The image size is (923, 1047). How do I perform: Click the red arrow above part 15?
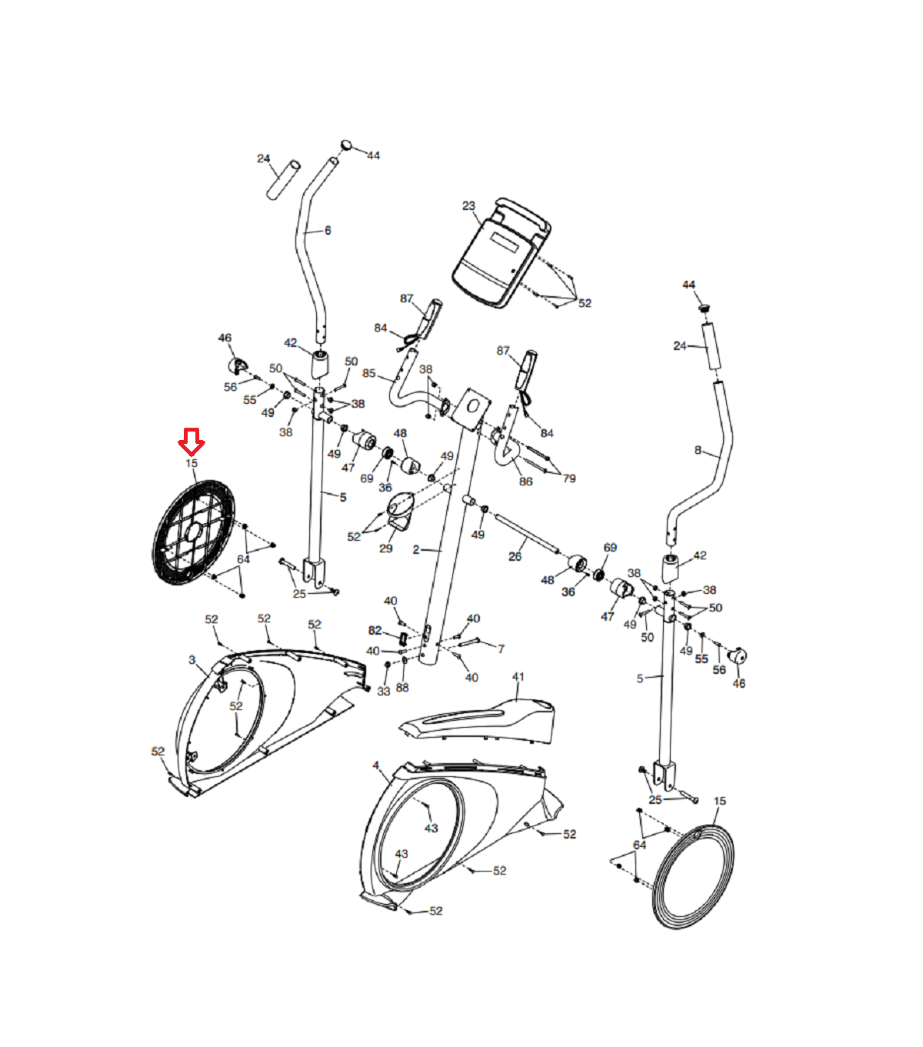pos(191,442)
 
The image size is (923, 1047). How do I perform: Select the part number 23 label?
pos(468,205)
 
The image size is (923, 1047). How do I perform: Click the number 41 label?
pos(518,677)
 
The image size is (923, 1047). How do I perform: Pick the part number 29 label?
pos(385,549)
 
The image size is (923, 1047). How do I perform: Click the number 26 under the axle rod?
pos(515,556)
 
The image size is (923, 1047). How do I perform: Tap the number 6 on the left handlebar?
pos(328,230)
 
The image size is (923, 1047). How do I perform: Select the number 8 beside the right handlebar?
pos(698,450)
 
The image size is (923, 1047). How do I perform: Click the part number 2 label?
pos(416,550)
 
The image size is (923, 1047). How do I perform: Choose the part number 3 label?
pos(192,660)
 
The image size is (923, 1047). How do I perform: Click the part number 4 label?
pos(375,765)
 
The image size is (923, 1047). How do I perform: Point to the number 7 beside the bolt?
pos(501,649)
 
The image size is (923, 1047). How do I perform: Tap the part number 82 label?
pos(375,631)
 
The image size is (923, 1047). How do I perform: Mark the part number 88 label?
pos(402,688)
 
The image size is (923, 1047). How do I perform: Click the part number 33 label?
pos(384,692)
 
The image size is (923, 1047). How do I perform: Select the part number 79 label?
pos(568,478)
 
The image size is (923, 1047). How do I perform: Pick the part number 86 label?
pos(525,482)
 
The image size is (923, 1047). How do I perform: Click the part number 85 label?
pos(369,374)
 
